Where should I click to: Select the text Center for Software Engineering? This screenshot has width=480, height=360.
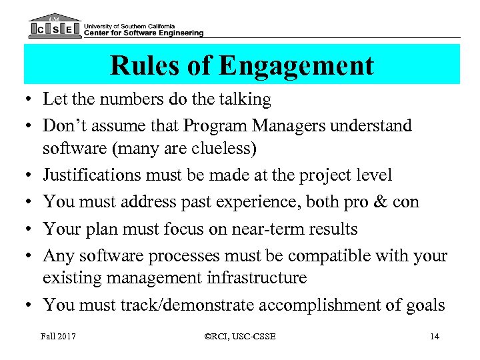point(143,33)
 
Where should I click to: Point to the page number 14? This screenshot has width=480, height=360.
point(434,337)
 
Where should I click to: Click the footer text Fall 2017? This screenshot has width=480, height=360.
point(59,337)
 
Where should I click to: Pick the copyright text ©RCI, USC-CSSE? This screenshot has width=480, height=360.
point(241,337)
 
